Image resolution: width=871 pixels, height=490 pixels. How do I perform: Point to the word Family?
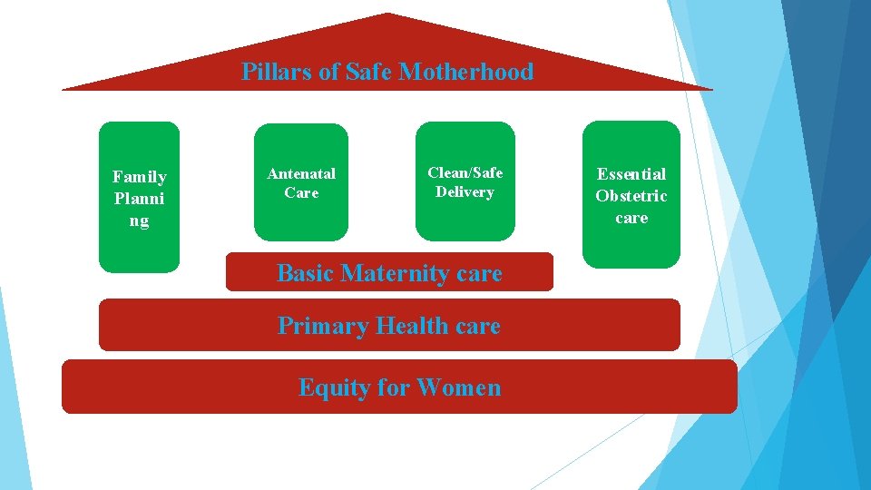(x=139, y=177)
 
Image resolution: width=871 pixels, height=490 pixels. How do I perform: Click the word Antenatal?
(x=301, y=173)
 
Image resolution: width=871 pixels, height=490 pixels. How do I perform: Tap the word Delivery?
(x=465, y=191)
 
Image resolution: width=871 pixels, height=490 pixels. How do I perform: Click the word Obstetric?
(x=631, y=196)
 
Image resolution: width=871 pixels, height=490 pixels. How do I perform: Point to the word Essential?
(x=631, y=174)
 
